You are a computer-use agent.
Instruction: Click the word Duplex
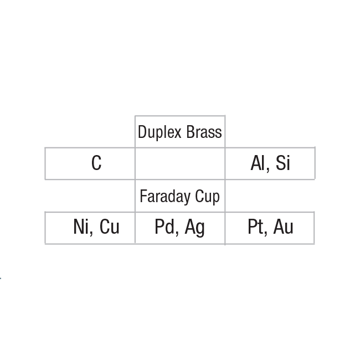tap(160, 132)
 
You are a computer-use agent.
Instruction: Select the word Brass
tap(204, 132)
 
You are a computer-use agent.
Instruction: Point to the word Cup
tap(207, 197)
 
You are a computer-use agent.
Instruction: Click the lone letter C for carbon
tap(96, 163)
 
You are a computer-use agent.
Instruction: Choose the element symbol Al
tap(258, 163)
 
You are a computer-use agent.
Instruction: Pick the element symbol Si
tap(282, 163)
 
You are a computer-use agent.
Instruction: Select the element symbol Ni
tap(81, 227)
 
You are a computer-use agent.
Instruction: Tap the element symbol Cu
tap(110, 227)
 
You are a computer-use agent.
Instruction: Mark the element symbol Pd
tap(164, 227)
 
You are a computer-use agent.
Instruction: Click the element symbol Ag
tap(195, 228)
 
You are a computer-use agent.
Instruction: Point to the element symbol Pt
tap(255, 227)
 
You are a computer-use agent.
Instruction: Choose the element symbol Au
tap(284, 227)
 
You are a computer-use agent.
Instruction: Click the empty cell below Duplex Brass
tap(180, 163)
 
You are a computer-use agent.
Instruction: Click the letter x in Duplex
tap(178, 133)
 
